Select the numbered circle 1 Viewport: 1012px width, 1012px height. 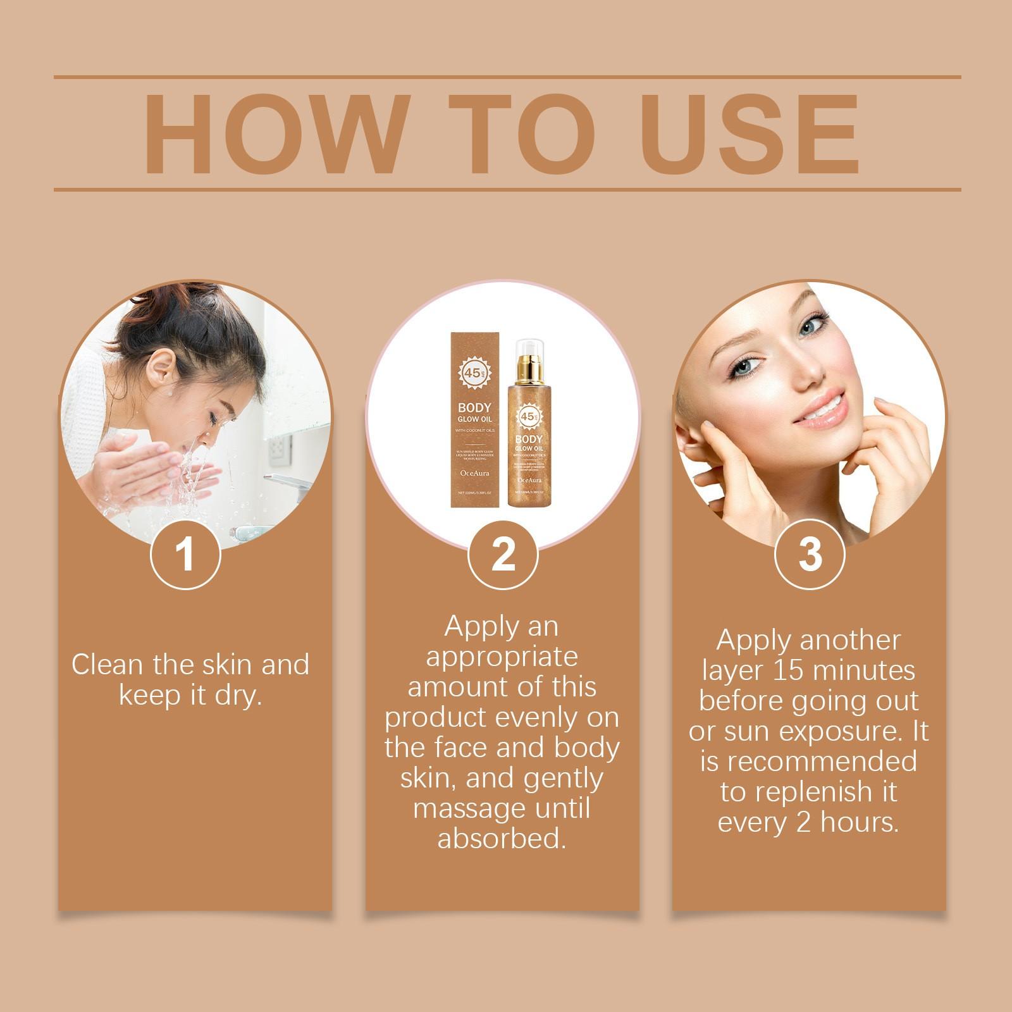(x=185, y=555)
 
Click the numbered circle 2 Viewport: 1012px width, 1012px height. (x=503, y=555)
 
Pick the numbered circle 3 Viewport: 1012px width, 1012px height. (x=810, y=555)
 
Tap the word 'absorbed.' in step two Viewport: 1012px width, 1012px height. (x=502, y=839)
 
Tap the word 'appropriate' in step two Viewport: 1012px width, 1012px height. (x=502, y=657)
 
